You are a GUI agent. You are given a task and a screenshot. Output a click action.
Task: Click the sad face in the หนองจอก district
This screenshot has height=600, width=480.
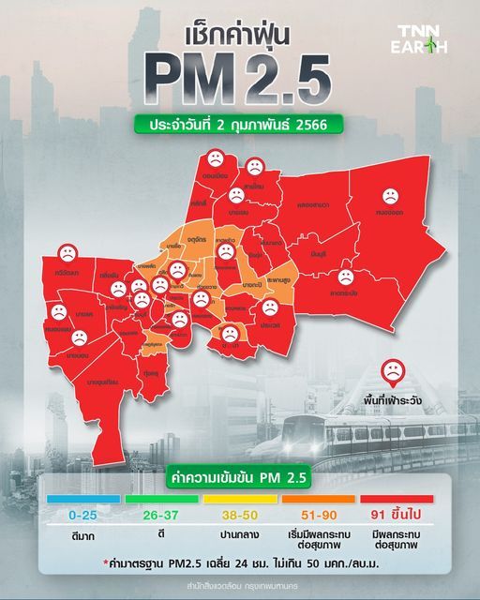click(x=389, y=197)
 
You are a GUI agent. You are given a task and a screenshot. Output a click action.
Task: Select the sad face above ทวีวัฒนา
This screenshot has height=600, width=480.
click(x=67, y=252)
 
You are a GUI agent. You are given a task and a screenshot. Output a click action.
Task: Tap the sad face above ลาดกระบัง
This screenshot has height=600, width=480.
click(x=345, y=277)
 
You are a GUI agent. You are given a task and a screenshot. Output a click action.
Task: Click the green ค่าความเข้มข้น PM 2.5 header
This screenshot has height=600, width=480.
click(x=239, y=478)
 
